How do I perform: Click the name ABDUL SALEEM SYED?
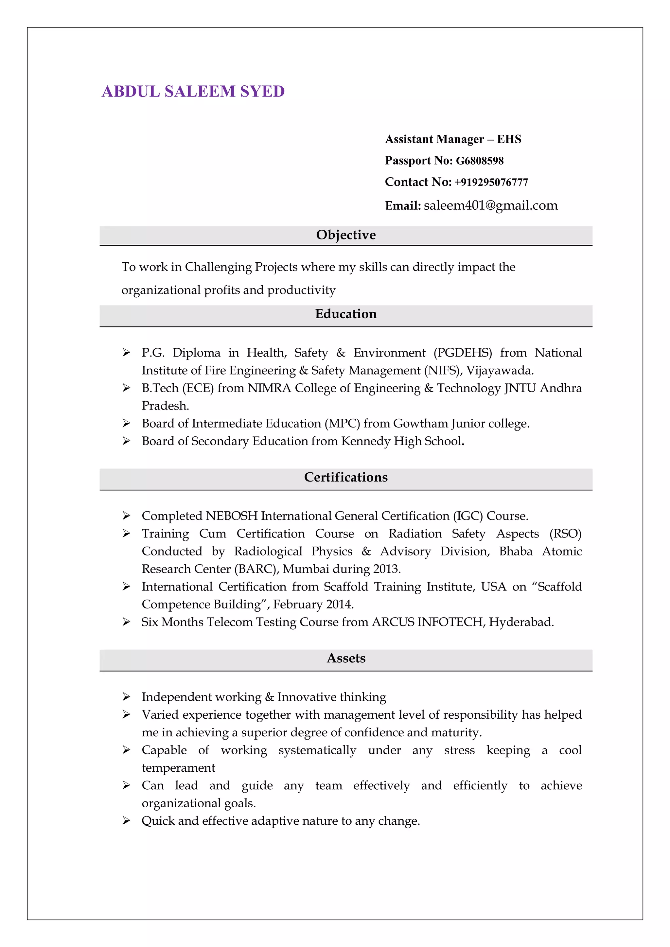[193, 92]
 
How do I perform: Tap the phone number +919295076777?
[491, 182]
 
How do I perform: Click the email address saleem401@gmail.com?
[490, 205]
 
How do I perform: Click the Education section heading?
[346, 314]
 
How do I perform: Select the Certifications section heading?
[346, 477]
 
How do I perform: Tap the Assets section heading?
[346, 658]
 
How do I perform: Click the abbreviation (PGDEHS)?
[463, 353]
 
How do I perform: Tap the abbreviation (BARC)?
[256, 570]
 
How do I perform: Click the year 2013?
[387, 570]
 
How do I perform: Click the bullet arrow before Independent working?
[126, 697]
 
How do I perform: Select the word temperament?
[178, 768]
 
